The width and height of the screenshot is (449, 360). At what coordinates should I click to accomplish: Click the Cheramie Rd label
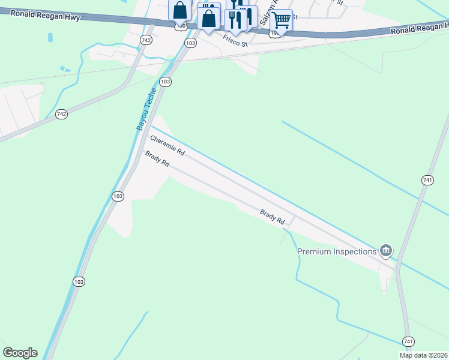click(167, 146)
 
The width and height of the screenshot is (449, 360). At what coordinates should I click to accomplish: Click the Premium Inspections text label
click(337, 251)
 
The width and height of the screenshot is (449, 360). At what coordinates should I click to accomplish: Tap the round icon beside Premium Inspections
click(385, 250)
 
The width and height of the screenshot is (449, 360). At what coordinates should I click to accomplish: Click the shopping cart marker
click(281, 20)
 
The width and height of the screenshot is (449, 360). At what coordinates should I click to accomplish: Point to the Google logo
click(20, 353)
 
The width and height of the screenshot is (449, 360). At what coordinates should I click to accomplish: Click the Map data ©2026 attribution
click(423, 355)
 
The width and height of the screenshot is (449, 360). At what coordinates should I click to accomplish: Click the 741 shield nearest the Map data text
click(408, 341)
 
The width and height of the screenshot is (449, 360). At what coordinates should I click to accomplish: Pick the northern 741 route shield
click(427, 180)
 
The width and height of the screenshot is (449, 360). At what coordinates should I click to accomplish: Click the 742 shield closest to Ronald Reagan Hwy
click(146, 39)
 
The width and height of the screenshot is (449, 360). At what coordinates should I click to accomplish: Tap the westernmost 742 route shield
click(61, 113)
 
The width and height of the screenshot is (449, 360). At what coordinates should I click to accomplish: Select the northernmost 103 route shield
click(191, 43)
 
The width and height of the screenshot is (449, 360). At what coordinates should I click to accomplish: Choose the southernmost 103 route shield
click(79, 281)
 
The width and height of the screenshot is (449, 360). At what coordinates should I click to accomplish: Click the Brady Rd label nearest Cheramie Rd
click(157, 159)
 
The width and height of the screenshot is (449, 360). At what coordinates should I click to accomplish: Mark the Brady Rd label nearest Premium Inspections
click(272, 216)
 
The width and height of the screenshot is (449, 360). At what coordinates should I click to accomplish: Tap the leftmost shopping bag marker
click(180, 11)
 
